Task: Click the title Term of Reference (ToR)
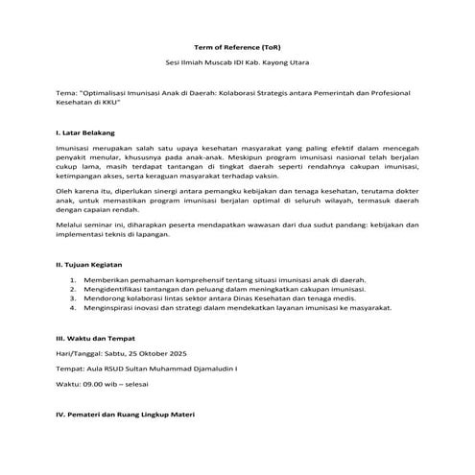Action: [x=237, y=46]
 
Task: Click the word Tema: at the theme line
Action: [x=68, y=94]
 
